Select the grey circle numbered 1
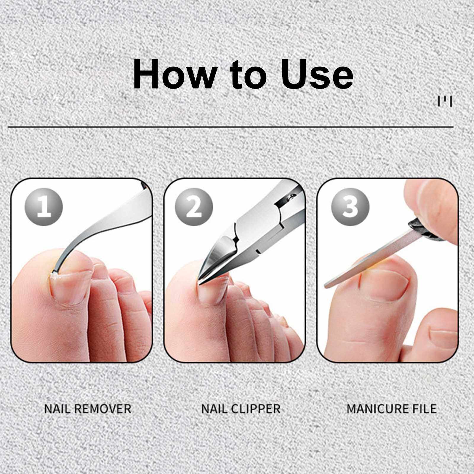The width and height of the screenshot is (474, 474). tap(44, 206)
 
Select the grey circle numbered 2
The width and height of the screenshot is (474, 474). tap(194, 206)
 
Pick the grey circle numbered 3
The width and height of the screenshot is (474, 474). tap(351, 206)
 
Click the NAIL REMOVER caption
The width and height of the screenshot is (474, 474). tap(88, 409)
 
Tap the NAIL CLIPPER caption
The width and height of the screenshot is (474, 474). tap(241, 409)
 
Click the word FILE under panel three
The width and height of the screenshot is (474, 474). tap(424, 409)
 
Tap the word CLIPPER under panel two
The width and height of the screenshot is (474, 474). tap(256, 409)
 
